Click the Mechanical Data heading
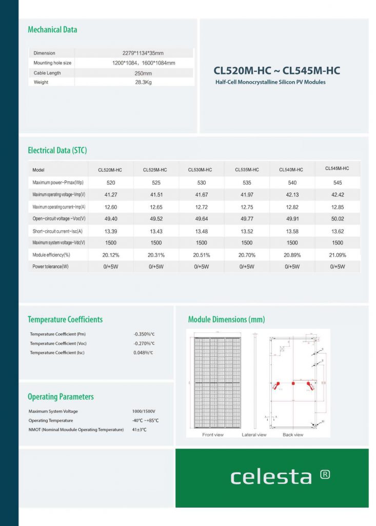pos(52,30)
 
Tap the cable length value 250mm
pos(144,73)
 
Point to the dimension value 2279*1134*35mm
pos(144,53)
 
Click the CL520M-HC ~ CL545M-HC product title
pos(276,70)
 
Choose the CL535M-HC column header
pos(247,170)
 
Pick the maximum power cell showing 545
pos(338,183)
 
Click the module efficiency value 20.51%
pos(202,255)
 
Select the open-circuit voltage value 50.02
pos(338,219)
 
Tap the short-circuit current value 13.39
pos(111,231)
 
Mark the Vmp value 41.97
pos(247,195)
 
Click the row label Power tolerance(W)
pos(51,267)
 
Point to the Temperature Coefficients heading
pos(65,320)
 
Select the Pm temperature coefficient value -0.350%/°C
pos(144,334)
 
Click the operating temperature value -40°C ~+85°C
pos(145,421)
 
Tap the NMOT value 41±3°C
pos(139,430)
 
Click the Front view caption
pos(213,435)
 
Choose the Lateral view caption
pos(254,435)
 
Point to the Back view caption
pos(293,435)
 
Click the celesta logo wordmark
pos(271,477)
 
